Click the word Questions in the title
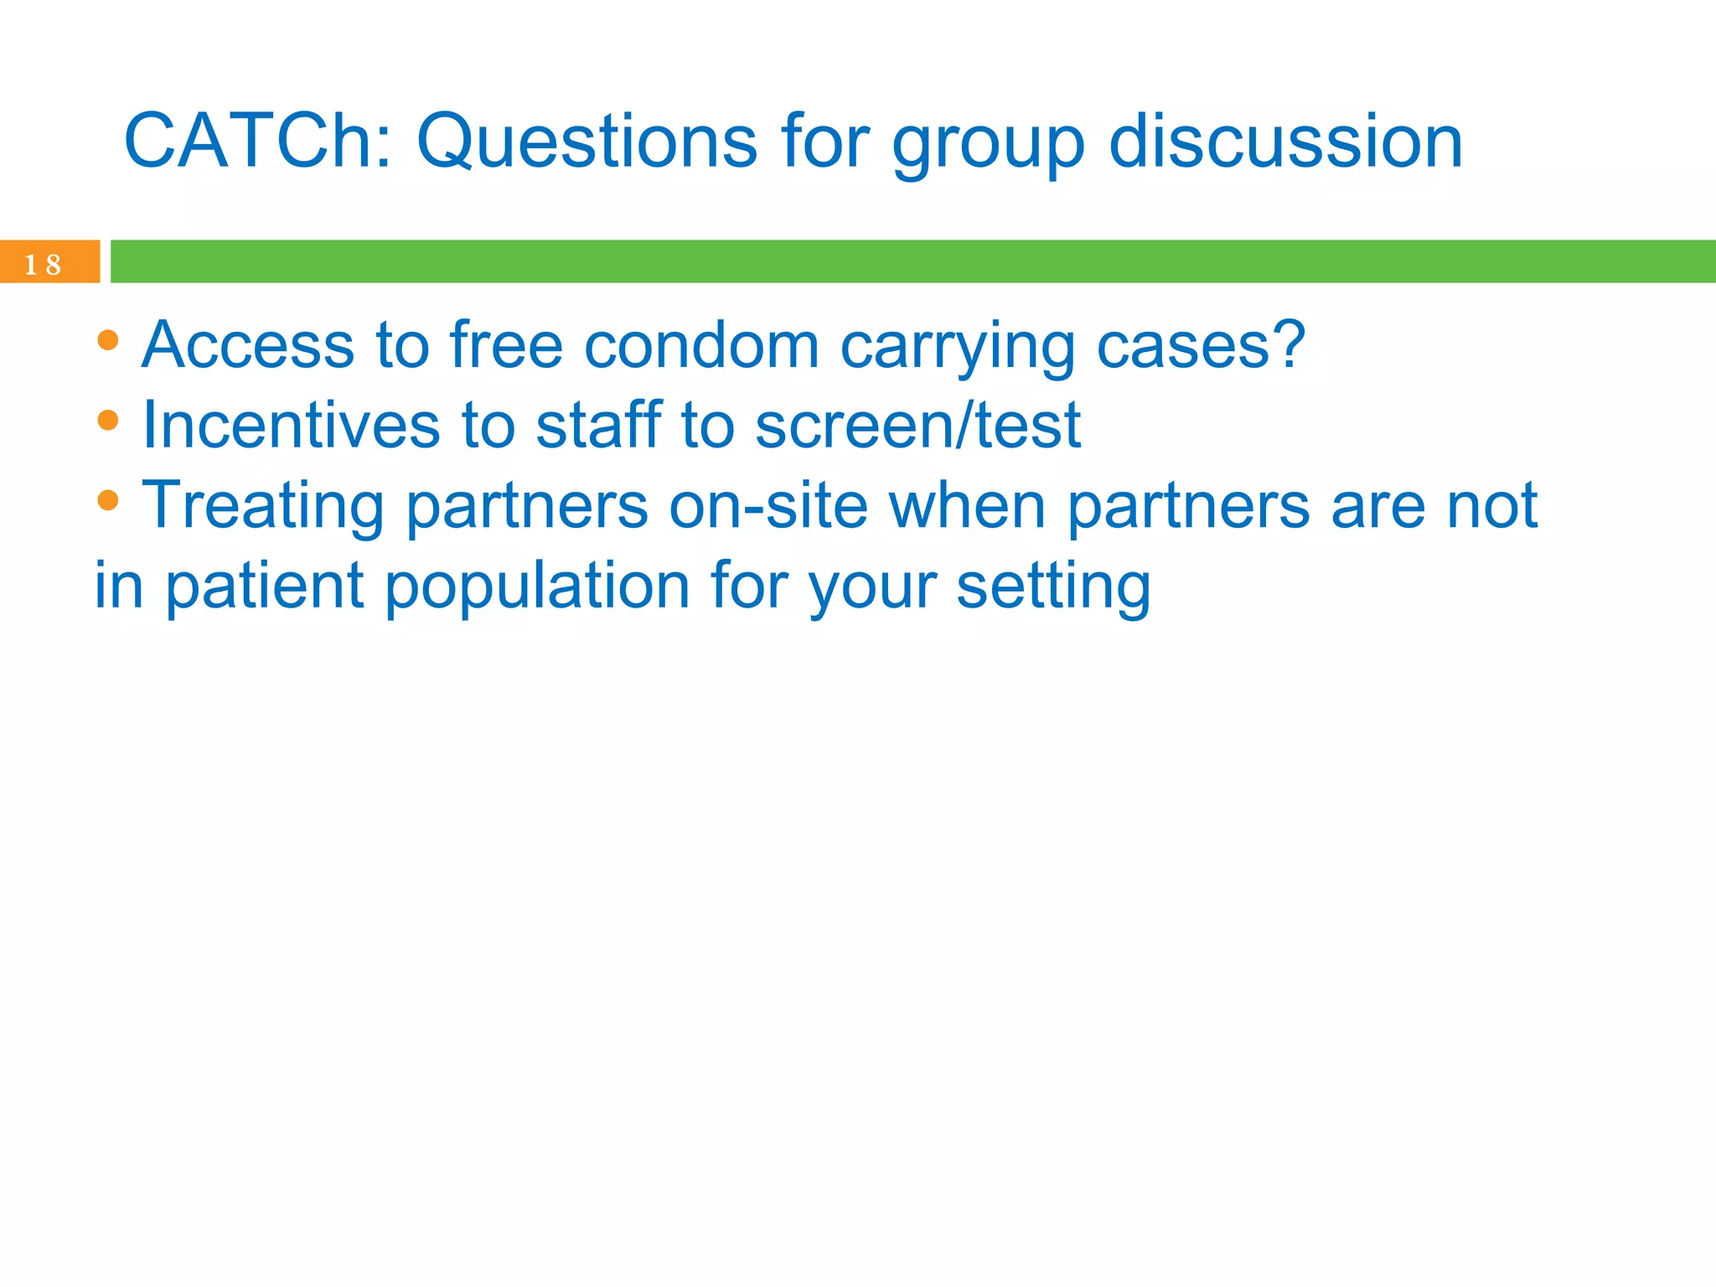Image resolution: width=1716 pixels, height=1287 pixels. [x=587, y=141]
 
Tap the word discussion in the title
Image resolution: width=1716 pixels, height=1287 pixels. [x=1285, y=141]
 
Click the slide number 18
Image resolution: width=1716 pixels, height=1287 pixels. [x=43, y=265]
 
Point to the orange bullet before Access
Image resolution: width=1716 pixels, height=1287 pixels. [x=108, y=339]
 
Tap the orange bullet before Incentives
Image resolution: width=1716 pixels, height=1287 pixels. [x=108, y=419]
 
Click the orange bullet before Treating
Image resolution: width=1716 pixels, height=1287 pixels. [x=108, y=499]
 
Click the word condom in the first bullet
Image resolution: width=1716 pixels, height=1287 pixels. [x=701, y=345]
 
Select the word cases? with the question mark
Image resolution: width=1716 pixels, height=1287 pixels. [x=1201, y=345]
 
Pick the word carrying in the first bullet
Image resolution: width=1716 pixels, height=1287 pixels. [x=957, y=348]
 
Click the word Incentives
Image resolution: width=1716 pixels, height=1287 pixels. [x=291, y=425]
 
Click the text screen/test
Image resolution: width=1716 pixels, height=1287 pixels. [x=917, y=425]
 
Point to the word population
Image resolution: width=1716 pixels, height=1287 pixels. [x=536, y=587]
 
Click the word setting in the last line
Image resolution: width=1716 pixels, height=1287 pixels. [x=1053, y=588]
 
